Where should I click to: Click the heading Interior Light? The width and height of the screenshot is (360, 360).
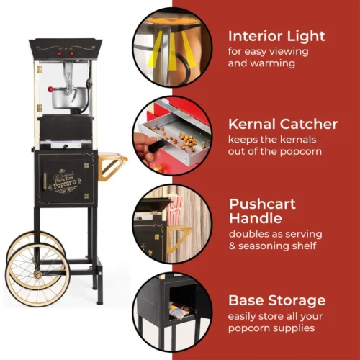coord(276,36)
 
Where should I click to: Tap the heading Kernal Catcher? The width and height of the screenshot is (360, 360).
coord(282,124)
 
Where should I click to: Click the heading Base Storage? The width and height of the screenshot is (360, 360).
coord(277,300)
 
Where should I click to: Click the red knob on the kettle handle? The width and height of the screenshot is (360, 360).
coord(51,89)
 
